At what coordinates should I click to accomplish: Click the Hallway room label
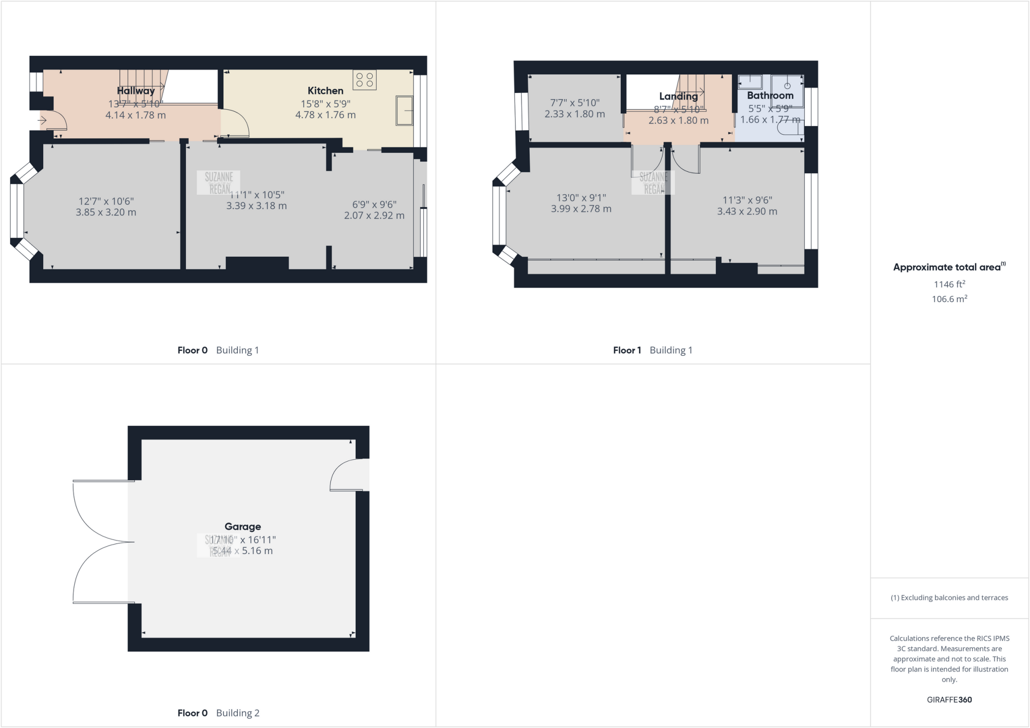pos(136,91)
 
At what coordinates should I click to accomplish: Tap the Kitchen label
pos(325,91)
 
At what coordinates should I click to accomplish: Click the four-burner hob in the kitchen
pos(365,80)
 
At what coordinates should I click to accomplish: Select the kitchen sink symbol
pos(404,111)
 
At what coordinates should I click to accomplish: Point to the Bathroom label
pos(770,95)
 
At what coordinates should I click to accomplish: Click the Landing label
pos(678,96)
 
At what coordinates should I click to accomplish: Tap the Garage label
pos(242,527)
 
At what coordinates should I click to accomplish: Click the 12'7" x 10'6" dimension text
pos(106,201)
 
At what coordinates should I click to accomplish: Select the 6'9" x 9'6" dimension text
pos(374,204)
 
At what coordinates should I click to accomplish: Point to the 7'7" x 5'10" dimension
pos(575,103)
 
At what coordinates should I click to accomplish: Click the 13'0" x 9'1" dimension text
pos(581,198)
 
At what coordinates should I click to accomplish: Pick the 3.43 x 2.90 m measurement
pos(747,212)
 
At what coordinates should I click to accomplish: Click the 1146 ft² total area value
pos(949,284)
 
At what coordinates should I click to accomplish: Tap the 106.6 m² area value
pos(949,299)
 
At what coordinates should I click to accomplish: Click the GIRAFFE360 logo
pos(949,699)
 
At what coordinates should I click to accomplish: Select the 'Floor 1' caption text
pos(627,350)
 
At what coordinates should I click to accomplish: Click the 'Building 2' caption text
pos(237,713)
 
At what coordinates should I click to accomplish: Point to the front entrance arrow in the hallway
pos(42,121)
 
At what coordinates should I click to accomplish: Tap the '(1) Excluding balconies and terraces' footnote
pos(949,598)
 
